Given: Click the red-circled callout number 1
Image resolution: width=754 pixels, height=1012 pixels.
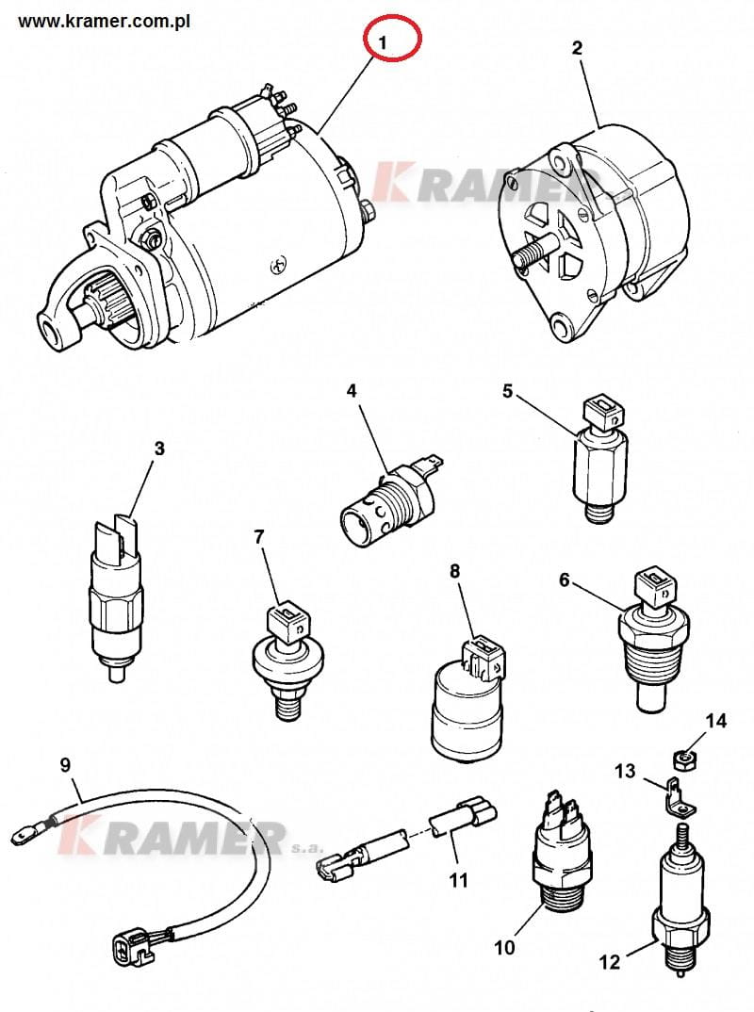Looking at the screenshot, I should pyautogui.click(x=383, y=42).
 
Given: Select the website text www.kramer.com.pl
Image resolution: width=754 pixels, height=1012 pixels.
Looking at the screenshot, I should pyautogui.click(x=105, y=20).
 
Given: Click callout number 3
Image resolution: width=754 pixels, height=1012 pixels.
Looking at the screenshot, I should pyautogui.click(x=159, y=449).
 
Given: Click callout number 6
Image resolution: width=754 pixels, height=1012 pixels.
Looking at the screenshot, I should pyautogui.click(x=565, y=579).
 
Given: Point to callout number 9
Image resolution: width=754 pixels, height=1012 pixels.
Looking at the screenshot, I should pyautogui.click(x=65, y=764).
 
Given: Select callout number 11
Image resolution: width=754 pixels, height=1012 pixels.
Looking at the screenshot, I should pyautogui.click(x=458, y=881).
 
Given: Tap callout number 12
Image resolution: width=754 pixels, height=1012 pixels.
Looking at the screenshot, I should pyautogui.click(x=610, y=961).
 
